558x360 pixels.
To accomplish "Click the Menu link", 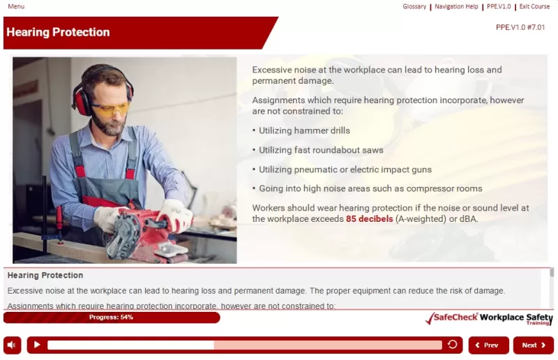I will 16,6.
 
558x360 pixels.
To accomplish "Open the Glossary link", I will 414,6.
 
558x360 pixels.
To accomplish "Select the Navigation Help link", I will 456,6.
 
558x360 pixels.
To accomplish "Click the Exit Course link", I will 534,6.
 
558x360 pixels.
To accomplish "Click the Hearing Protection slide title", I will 58,32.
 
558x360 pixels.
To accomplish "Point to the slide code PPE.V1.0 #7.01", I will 520,27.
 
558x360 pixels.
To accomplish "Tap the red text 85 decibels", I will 369,218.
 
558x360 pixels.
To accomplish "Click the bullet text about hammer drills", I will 304,130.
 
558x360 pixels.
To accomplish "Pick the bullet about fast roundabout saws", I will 321,150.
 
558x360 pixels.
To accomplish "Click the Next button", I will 533,345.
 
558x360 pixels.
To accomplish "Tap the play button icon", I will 37,345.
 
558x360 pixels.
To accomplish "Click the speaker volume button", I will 12,345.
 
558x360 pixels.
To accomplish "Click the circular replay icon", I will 453,345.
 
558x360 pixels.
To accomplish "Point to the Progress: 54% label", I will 111,317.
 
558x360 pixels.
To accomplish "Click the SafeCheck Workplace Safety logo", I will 488,318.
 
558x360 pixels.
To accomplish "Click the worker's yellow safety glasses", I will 111,109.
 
